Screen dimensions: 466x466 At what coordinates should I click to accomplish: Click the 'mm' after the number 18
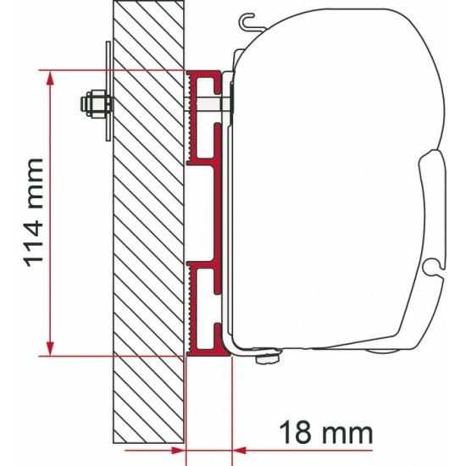347,432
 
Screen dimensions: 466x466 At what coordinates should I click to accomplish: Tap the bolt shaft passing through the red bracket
208,104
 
